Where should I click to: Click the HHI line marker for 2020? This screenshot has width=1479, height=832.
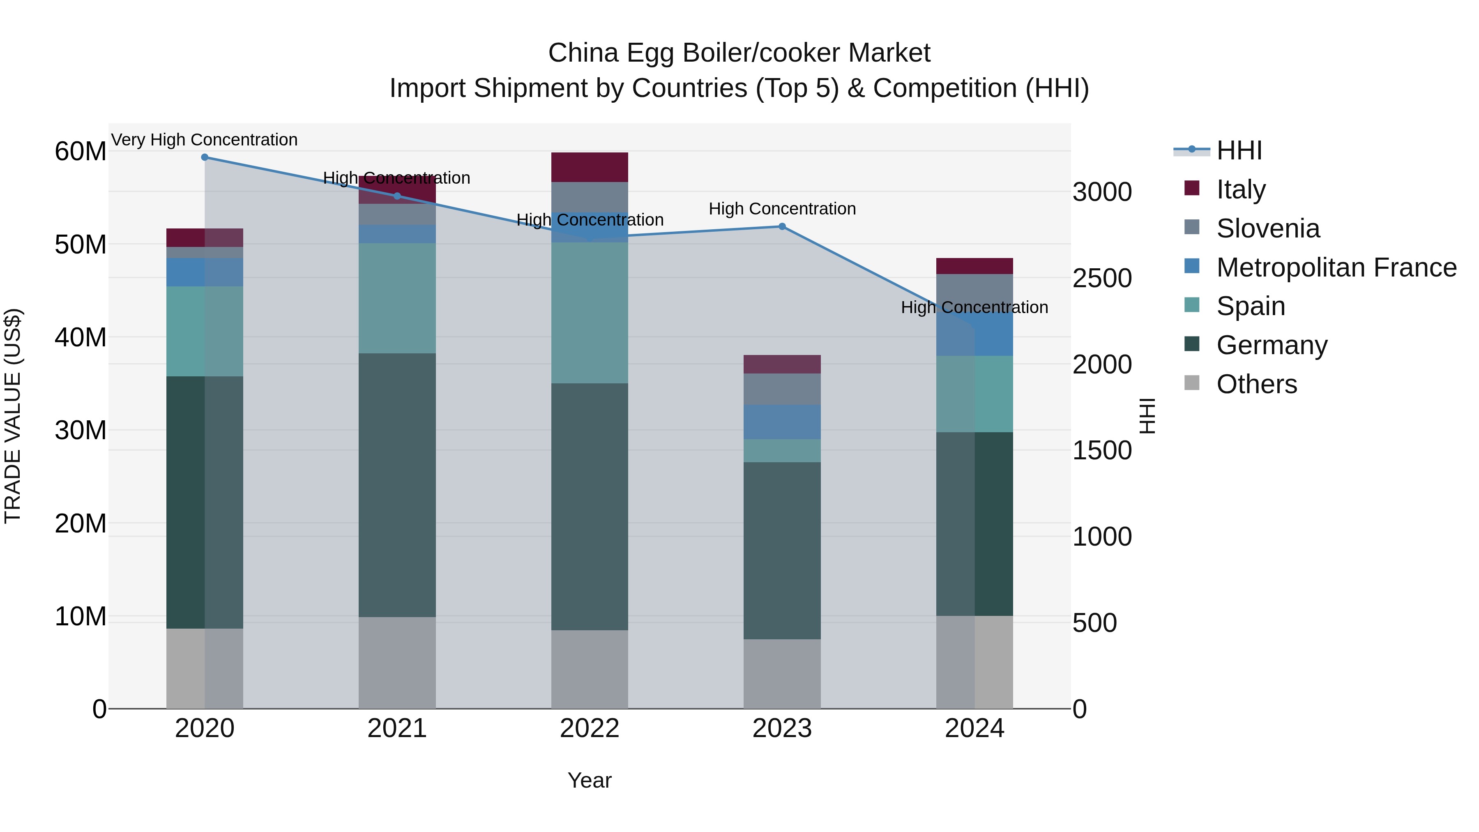click(x=205, y=157)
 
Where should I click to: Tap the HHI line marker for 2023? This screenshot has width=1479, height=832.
click(x=782, y=227)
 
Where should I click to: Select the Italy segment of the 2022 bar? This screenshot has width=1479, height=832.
click(x=590, y=167)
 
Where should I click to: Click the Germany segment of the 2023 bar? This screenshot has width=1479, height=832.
click(x=782, y=550)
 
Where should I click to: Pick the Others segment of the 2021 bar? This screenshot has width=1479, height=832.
click(x=397, y=663)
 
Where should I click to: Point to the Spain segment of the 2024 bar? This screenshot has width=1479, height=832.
click(x=974, y=394)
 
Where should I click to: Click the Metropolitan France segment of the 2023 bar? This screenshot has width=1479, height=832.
click(x=782, y=422)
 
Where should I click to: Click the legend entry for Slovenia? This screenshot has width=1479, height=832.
click(x=1268, y=228)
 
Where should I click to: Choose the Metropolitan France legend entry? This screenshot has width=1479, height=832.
click(x=1336, y=267)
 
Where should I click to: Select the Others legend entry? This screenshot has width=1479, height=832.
click(x=1256, y=384)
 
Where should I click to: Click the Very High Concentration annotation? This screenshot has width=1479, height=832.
click(x=205, y=140)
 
